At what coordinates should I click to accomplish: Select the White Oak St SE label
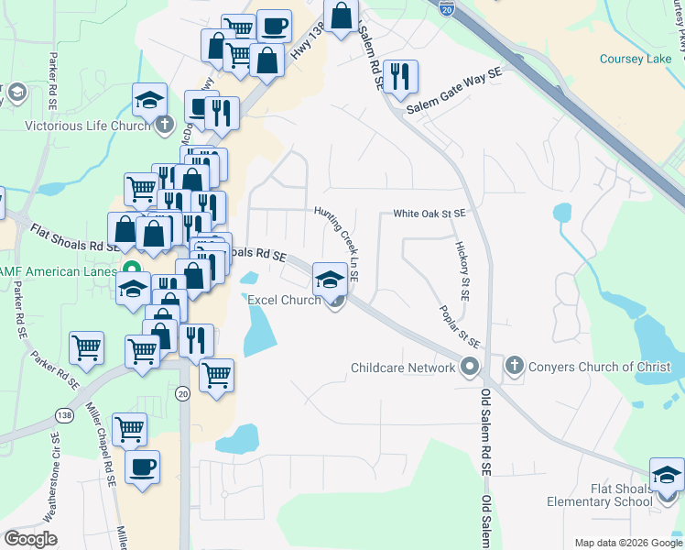[x=429, y=214]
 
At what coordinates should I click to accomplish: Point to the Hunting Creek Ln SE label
[x=337, y=241]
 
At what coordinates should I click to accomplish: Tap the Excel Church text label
[x=283, y=300]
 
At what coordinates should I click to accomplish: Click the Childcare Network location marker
[x=471, y=368]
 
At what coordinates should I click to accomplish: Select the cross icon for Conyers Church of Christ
[x=514, y=367]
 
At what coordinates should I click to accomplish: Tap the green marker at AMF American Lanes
[x=132, y=271]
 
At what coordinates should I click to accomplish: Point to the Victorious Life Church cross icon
[x=164, y=125]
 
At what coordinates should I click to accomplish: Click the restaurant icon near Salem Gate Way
[x=398, y=77]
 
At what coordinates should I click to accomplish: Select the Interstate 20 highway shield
[x=446, y=8]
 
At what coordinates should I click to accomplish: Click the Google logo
[x=30, y=539]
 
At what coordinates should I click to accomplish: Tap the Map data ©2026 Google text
[x=628, y=543]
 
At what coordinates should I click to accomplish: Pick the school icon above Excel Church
[x=330, y=279]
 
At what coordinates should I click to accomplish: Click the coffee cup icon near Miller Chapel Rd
[x=142, y=467]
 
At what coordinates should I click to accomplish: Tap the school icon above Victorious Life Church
[x=149, y=100]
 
